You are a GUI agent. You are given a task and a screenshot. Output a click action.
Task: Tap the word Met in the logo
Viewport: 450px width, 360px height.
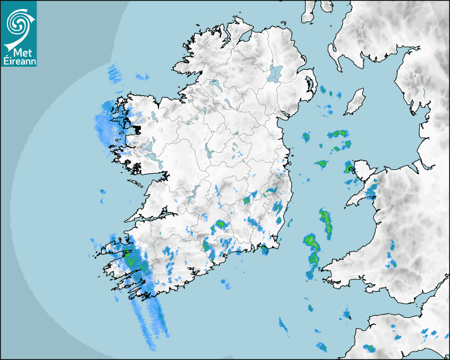[20, 53]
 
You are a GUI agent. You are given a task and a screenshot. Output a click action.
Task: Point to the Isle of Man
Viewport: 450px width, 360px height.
[355, 101]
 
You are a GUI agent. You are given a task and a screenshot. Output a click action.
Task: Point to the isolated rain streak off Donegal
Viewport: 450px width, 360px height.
[113, 74]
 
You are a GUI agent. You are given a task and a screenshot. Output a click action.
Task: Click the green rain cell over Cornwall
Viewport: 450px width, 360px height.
[370, 348]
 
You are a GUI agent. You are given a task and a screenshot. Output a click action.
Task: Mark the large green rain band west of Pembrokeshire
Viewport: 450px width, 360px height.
[312, 249]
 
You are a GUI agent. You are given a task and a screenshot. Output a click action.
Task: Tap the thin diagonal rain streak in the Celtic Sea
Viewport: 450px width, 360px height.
[284, 326]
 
